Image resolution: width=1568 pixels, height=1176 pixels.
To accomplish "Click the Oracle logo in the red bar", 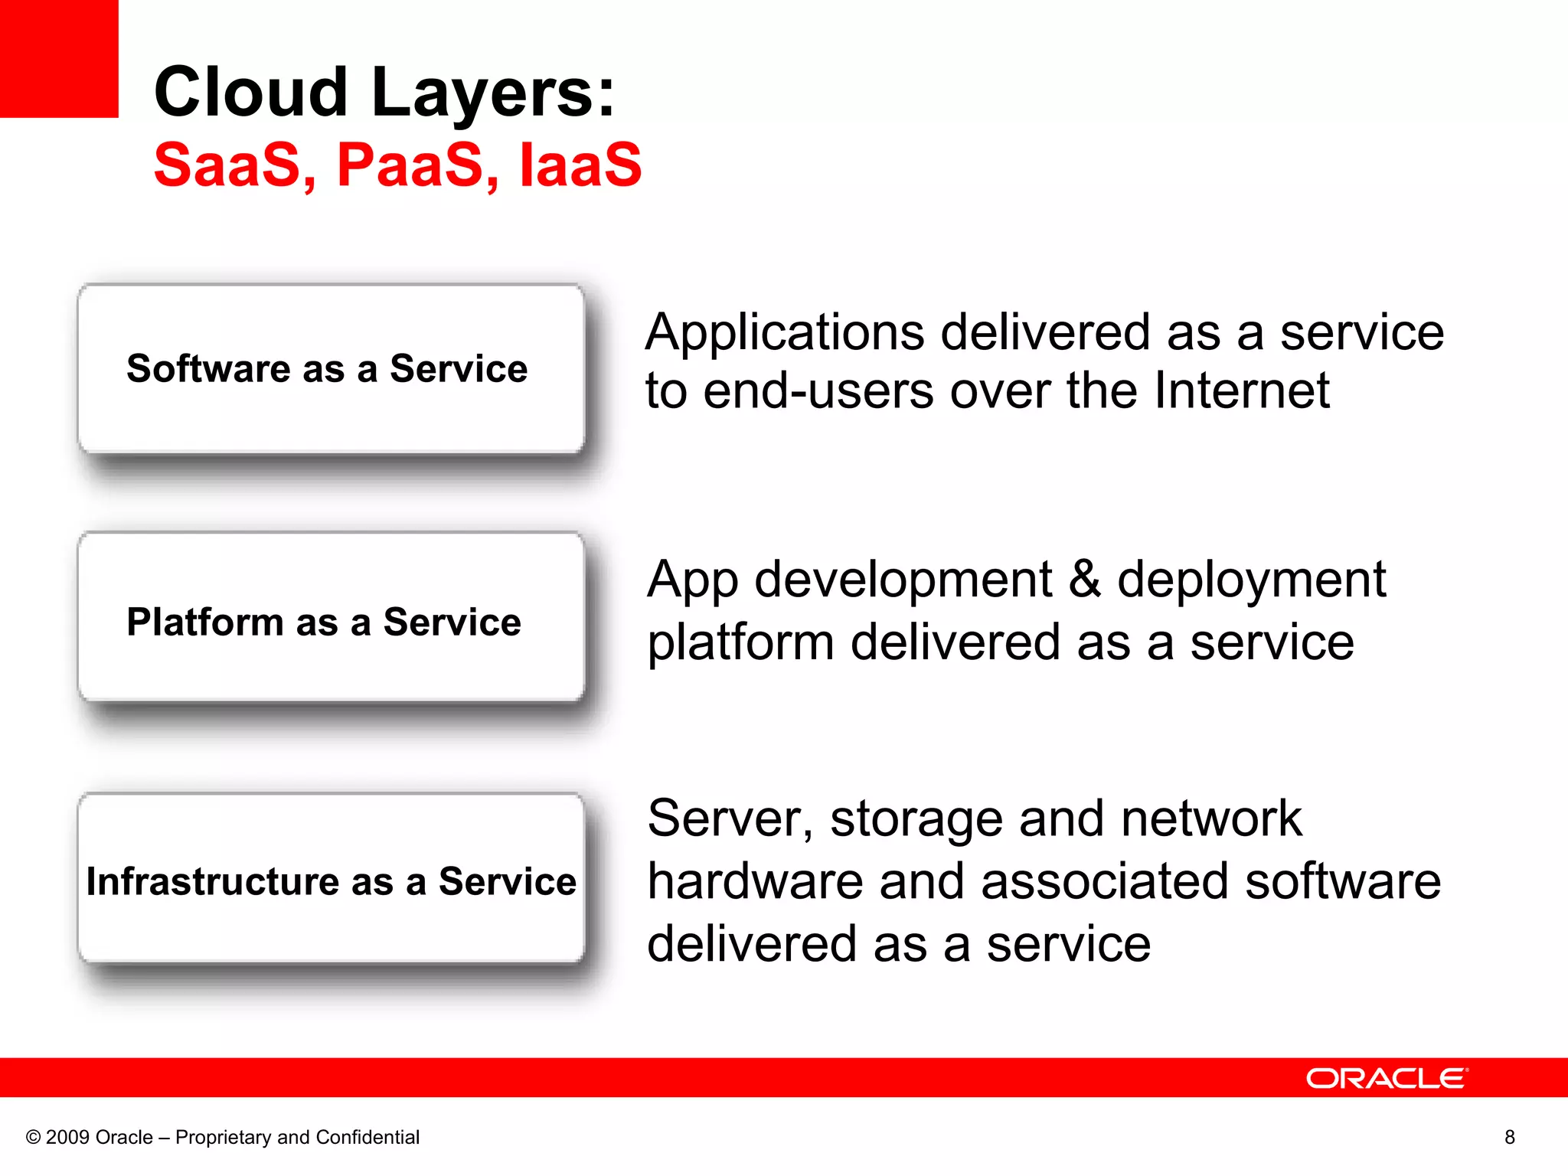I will pyautogui.click(x=1387, y=1078).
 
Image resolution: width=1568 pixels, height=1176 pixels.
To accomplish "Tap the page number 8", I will pyautogui.click(x=1509, y=1137).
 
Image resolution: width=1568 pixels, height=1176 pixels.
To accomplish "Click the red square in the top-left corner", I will pyautogui.click(x=59, y=58).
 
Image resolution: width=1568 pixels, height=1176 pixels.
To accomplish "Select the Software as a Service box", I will pyautogui.click(x=331, y=369).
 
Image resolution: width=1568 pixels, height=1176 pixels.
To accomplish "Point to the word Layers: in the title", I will pyautogui.click(x=493, y=93).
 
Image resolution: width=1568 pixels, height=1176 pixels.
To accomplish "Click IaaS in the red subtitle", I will pyautogui.click(x=580, y=165).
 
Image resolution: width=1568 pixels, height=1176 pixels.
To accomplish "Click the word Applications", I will pyautogui.click(x=785, y=334).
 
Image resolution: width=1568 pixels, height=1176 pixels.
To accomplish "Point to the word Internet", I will pyautogui.click(x=1241, y=390).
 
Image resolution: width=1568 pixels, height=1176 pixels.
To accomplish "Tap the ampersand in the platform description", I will pyautogui.click(x=1084, y=579).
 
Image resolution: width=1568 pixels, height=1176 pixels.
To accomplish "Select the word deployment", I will pyautogui.click(x=1251, y=580).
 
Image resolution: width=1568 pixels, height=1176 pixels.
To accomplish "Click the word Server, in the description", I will pyautogui.click(x=730, y=819).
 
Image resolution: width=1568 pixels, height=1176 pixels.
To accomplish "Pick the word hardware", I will pyautogui.click(x=756, y=881).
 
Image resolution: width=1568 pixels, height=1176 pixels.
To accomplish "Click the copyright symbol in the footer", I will pyautogui.click(x=33, y=1138).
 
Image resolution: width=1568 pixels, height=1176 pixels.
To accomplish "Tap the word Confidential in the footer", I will pyautogui.click(x=367, y=1137).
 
